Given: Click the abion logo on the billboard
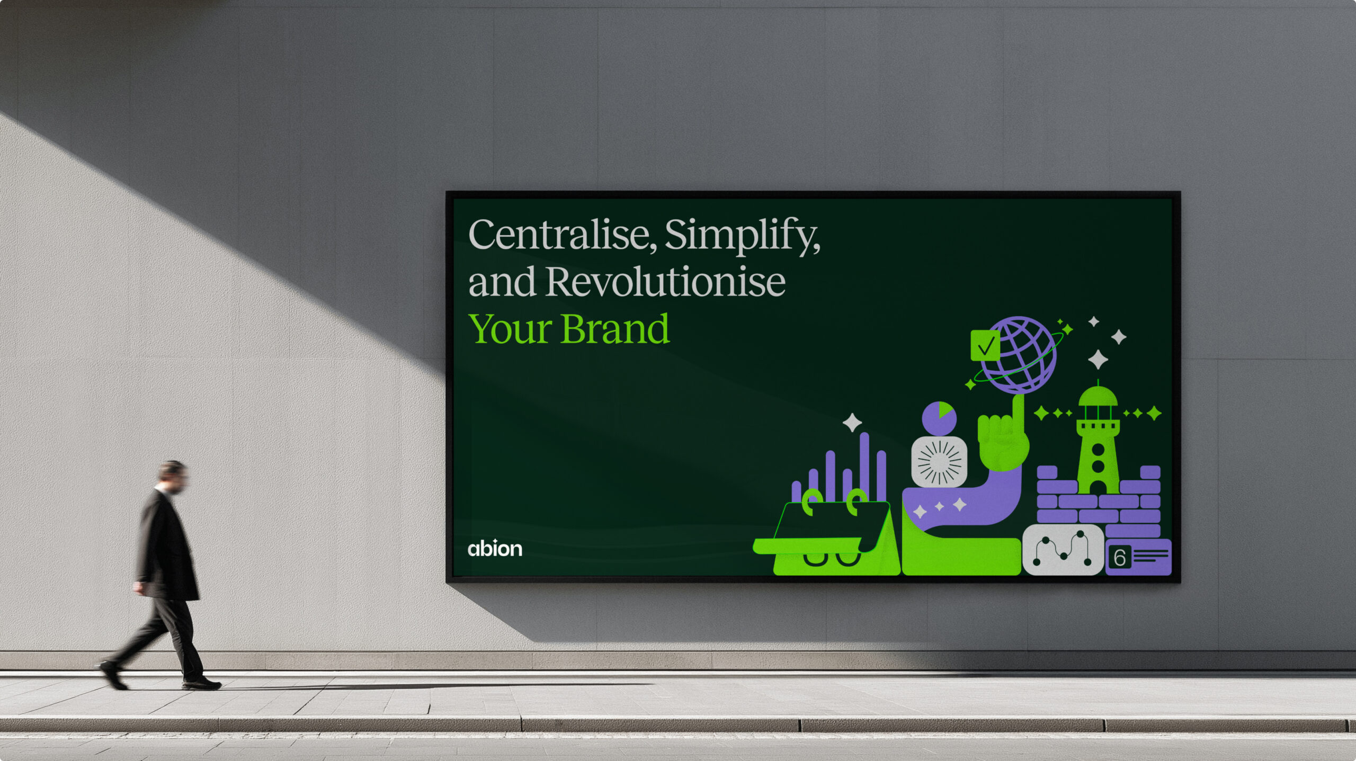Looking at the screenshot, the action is point(495,548).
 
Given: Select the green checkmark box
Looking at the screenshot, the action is point(985,345).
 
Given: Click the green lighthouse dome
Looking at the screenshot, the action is point(1098,396).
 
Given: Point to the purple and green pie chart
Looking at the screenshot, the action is point(939,418).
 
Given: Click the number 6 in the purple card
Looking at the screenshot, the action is point(1120,558).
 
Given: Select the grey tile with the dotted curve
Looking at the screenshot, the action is point(1063,549).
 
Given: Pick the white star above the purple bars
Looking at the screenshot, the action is point(852,423).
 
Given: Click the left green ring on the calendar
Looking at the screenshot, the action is point(812,502).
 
